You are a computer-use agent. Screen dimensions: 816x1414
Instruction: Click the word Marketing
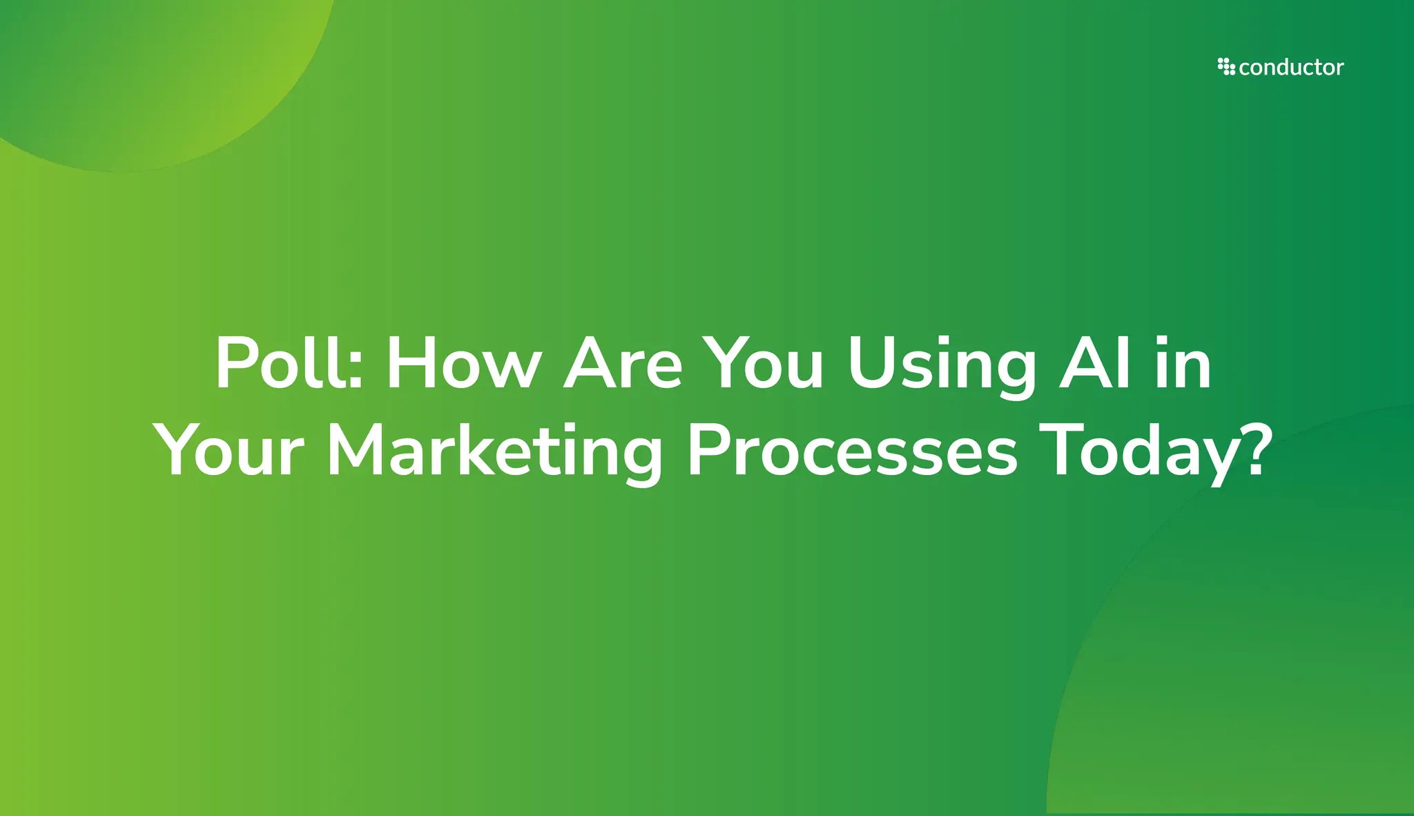[x=494, y=453]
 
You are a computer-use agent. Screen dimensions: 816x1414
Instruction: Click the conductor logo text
[x=1290, y=68]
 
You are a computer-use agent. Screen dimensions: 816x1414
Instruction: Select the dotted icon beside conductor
[x=1226, y=67]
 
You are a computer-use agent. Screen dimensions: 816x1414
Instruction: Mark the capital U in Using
[x=872, y=364]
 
